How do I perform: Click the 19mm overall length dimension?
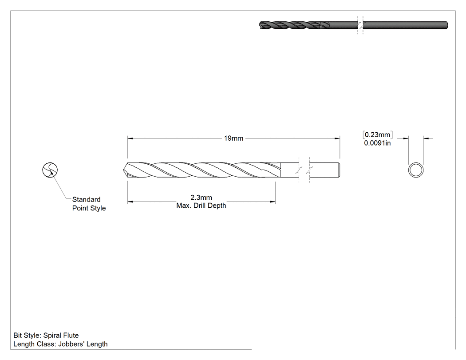233,138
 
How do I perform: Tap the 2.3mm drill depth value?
201,198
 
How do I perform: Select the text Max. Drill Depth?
201,206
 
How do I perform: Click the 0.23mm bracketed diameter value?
377,135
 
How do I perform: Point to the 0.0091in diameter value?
377,143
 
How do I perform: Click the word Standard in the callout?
86,199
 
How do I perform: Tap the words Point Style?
89,208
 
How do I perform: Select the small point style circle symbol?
50,170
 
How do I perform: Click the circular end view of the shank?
416,163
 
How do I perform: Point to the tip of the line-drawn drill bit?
123,170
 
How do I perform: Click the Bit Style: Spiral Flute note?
46,335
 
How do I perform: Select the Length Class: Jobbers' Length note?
61,344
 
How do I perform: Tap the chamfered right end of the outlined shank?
339,170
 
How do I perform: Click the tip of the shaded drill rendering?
261,25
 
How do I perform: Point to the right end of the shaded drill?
447,25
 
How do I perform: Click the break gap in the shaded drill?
360,25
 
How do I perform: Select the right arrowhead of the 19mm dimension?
337,138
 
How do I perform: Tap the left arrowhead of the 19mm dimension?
130,138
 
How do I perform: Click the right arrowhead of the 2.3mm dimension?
273,202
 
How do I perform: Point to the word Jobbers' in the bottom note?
70,344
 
